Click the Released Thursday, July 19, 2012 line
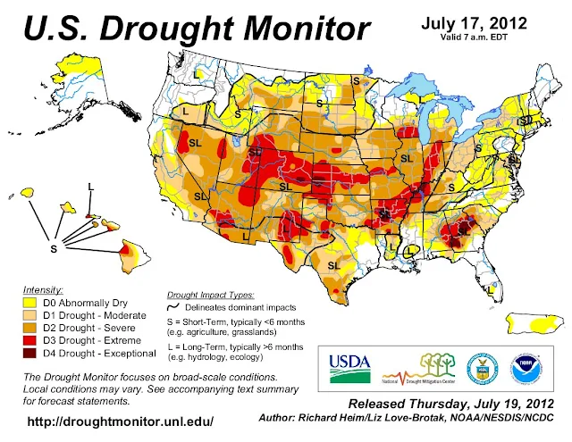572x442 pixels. pos(443,404)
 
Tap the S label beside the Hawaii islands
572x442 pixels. pos(53,248)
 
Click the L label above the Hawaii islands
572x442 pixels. pos(90,185)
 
